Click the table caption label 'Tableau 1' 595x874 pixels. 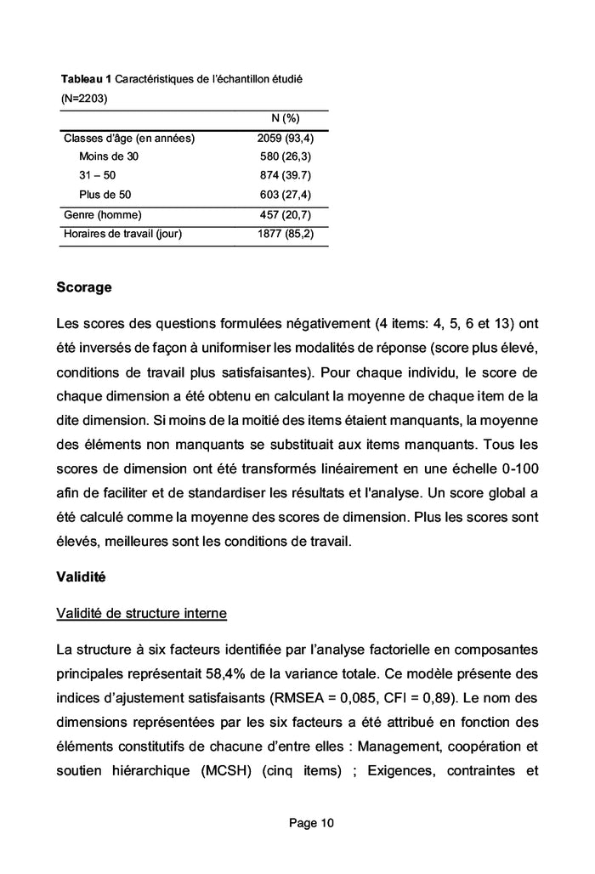(85, 79)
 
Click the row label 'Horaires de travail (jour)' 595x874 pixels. (123, 233)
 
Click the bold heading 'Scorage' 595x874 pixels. (83, 287)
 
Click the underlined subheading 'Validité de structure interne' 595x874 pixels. (142, 614)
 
